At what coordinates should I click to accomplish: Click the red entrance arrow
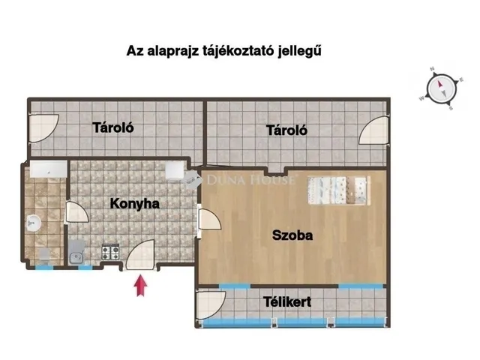coord(139,286)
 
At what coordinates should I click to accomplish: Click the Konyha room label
coord(135,203)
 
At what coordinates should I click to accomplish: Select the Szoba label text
coord(292,235)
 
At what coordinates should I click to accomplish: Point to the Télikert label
coord(287,302)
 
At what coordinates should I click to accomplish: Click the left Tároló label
coord(113,127)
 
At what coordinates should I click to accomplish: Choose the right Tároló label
coord(287,130)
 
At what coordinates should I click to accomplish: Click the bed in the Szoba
coord(338,189)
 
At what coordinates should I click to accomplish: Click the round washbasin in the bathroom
coord(33,221)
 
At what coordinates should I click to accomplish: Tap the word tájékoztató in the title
coord(238,51)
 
